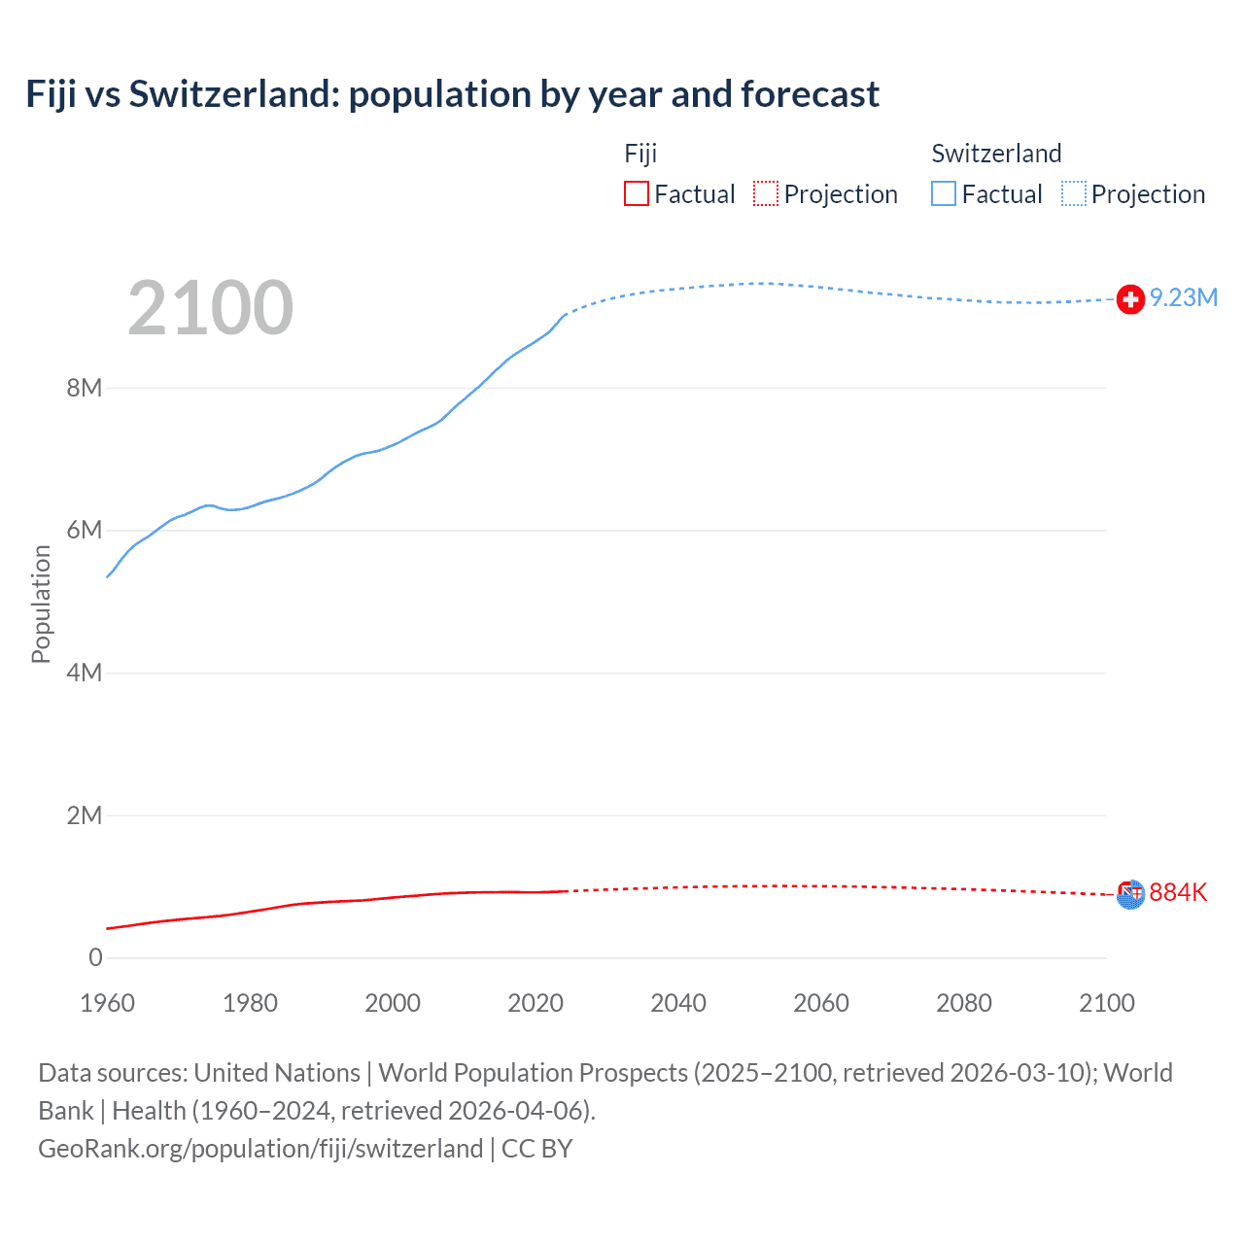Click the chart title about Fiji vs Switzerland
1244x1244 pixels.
tap(453, 94)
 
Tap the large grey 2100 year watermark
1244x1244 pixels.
tap(210, 308)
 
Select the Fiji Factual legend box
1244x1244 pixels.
tap(636, 194)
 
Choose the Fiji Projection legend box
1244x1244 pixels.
tap(766, 194)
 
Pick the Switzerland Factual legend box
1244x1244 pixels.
tap(944, 194)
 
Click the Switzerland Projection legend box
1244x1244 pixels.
tap(1073, 194)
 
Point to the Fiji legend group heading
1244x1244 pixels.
tap(640, 154)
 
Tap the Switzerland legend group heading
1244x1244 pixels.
tap(996, 154)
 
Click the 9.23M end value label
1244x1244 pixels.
tap(1184, 298)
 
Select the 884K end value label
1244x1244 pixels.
tap(1178, 892)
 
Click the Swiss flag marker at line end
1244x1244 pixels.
tap(1130, 299)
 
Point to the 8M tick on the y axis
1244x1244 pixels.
tap(85, 388)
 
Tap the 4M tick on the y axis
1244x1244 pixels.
tap(85, 673)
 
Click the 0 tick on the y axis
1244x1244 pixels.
tap(95, 957)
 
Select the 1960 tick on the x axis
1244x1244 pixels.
tap(107, 1003)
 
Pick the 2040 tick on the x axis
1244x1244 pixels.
tap(678, 1003)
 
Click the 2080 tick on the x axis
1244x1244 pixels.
tap(964, 1003)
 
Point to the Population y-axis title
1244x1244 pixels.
tap(41, 604)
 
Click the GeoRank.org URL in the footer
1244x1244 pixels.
tap(260, 1149)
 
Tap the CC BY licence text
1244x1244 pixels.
tap(536, 1149)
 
